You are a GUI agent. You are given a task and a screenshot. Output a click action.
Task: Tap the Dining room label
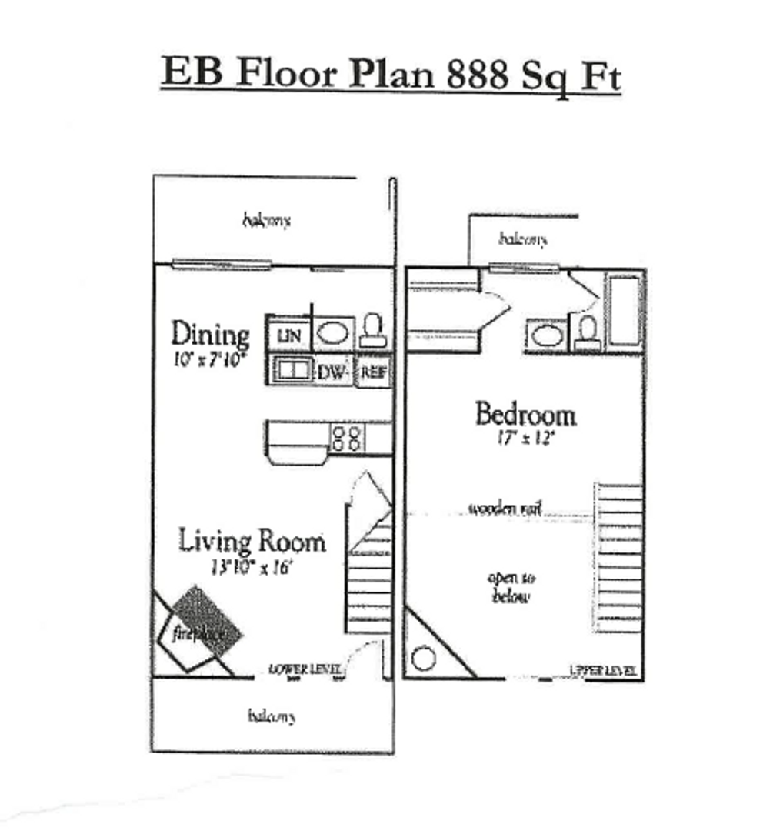click(210, 335)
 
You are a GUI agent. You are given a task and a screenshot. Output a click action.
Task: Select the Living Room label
click(252, 541)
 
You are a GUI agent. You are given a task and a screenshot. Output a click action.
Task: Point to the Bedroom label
click(525, 415)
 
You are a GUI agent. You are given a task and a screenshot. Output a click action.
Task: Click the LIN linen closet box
click(288, 335)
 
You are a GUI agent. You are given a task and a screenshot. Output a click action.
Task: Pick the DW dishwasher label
click(333, 373)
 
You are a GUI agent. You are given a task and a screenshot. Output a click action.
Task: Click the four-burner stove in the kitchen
click(346, 438)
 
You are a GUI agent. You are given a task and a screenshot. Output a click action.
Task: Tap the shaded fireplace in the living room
click(206, 622)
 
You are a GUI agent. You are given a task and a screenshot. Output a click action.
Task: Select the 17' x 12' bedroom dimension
click(526, 439)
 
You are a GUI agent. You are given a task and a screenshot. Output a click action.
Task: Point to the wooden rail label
click(505, 509)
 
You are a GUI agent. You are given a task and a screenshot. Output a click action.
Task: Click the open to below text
click(511, 587)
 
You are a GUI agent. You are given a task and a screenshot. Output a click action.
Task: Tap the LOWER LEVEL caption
click(305, 669)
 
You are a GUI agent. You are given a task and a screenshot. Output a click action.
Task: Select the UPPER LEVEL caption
click(603, 671)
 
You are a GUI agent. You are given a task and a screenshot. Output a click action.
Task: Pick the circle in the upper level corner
click(423, 659)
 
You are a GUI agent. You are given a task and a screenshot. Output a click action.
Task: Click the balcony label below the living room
click(271, 716)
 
